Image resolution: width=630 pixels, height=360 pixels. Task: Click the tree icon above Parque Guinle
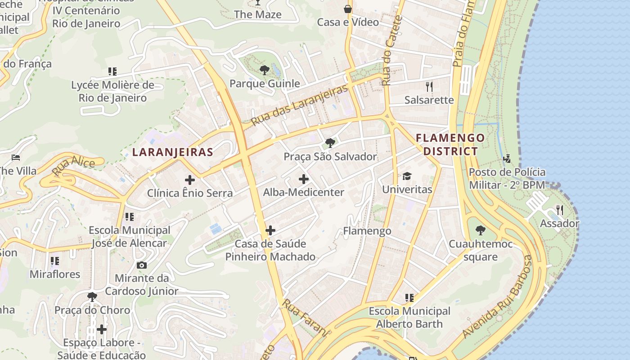pos(265,70)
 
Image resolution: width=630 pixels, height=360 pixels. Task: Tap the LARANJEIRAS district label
pos(173,152)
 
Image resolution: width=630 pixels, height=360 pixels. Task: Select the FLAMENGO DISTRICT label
pos(450,144)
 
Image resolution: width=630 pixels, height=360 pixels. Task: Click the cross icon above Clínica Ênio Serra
pos(190,180)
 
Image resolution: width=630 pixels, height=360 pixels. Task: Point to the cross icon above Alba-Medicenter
pos(304,179)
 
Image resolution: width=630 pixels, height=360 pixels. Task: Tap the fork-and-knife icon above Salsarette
pos(429,86)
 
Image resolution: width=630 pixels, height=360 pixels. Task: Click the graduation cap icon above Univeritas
pos(407,176)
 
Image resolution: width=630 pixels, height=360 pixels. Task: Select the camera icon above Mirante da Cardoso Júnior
pos(142,265)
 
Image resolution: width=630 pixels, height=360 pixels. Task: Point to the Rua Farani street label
pos(305,318)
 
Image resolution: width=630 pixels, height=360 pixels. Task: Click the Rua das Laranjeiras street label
pos(300,105)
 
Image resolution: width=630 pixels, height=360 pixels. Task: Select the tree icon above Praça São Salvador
pos(330,143)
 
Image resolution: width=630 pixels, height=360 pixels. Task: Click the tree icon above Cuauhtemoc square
pos(481,230)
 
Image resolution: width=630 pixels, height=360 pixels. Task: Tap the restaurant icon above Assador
pos(559,210)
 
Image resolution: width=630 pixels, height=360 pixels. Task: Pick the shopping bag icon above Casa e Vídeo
pos(348,9)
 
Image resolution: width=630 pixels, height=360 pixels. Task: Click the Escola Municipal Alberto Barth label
pos(409,317)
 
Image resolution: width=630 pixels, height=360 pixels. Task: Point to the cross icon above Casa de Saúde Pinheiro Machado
pos(270,230)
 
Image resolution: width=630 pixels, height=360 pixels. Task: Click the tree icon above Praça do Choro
pos(92,297)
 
